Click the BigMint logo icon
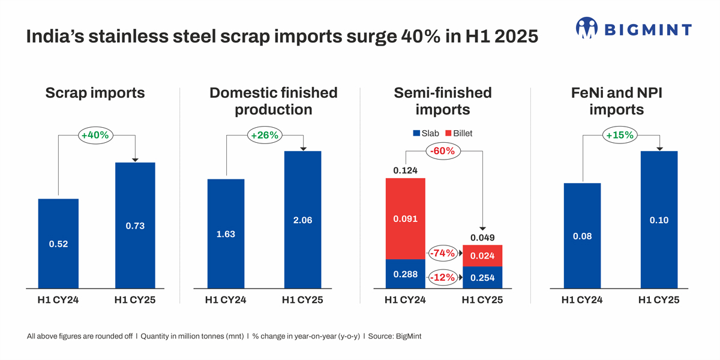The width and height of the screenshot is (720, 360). [x=587, y=28]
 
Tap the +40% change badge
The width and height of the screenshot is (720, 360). [x=95, y=136]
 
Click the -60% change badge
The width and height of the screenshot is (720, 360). [x=443, y=151]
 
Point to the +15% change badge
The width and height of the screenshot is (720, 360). [x=620, y=136]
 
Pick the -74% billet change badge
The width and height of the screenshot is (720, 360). [x=443, y=254]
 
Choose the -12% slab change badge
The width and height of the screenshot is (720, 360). [x=443, y=277]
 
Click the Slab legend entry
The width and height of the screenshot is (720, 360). [x=426, y=133]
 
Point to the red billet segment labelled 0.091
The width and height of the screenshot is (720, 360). [x=405, y=218]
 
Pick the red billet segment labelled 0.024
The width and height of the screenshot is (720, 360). [x=482, y=256]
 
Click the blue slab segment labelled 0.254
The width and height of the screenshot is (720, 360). [x=482, y=277]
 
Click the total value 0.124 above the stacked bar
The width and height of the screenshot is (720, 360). [x=405, y=171]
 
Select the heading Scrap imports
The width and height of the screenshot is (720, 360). [x=95, y=93]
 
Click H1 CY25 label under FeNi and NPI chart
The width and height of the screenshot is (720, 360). [x=659, y=300]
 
